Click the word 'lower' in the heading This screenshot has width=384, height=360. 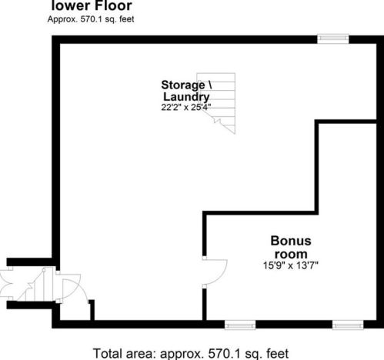point(68,5)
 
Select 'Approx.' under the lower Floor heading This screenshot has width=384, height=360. point(62,19)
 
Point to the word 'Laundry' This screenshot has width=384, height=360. point(186,98)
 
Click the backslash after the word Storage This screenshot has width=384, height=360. point(209,85)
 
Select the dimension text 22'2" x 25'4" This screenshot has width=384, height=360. point(186,107)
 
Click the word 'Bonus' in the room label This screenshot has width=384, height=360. point(291,241)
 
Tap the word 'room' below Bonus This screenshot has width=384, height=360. point(291,254)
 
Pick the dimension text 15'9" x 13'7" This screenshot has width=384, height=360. point(291,265)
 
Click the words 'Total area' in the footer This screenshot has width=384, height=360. point(124,353)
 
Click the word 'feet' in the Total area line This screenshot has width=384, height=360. point(278,353)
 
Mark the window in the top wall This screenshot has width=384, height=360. point(333,38)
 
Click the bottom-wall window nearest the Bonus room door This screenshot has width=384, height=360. point(240,325)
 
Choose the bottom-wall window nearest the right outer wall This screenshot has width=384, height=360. point(348,325)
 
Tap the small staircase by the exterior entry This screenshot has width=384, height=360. point(35,285)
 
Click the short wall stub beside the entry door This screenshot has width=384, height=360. point(92,310)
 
